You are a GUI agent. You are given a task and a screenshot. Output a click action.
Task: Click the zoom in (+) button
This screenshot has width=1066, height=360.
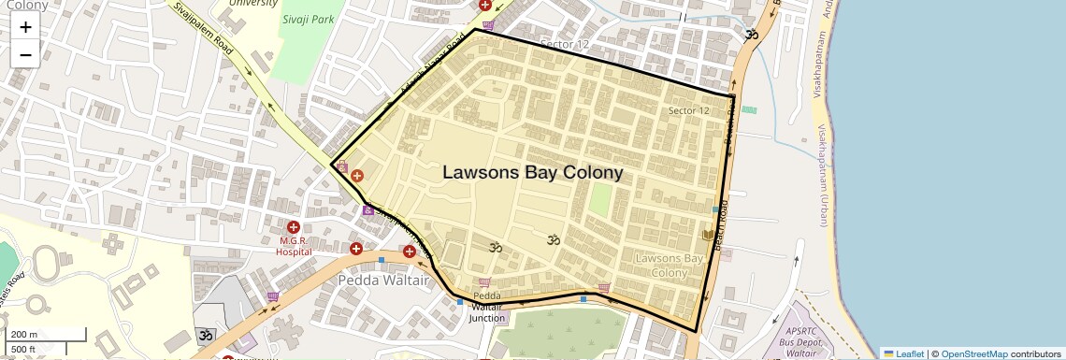25,26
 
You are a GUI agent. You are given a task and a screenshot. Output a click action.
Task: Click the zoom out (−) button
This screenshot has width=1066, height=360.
25,54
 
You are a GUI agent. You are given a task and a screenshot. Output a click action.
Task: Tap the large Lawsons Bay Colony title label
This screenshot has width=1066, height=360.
532,173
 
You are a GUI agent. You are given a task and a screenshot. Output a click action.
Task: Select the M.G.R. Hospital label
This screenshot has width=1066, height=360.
294,245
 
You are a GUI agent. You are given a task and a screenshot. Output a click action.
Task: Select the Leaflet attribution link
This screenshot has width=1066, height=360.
904,353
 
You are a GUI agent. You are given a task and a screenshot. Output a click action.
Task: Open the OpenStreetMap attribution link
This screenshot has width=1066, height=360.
973,353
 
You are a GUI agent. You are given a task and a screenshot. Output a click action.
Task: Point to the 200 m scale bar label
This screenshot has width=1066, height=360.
24,334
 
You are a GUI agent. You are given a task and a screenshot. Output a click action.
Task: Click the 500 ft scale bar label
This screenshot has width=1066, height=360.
23,350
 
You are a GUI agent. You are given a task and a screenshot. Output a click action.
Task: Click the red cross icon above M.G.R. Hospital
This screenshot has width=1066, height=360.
294,227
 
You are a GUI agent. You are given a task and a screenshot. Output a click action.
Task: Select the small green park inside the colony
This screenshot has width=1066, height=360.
599,197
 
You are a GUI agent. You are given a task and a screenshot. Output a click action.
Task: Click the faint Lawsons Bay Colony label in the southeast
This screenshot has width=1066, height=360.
669,265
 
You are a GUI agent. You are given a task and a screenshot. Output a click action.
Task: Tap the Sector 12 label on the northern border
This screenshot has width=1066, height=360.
565,44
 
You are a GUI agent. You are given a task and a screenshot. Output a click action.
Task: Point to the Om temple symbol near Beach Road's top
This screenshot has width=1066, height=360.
751,36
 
